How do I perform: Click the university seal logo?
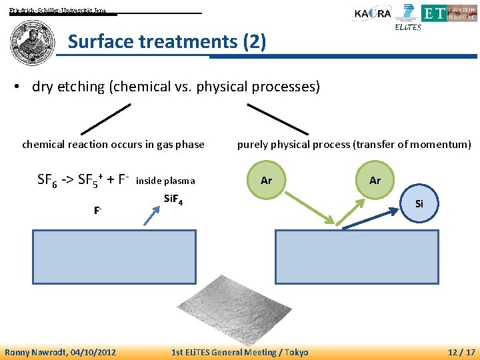tap(33, 42)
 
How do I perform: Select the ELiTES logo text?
tap(407, 27)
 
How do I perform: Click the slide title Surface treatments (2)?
tap(167, 43)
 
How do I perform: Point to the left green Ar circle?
tap(267, 180)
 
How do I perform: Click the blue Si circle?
tap(419, 203)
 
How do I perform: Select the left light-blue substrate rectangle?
tap(115, 257)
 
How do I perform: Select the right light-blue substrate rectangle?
tap(357, 257)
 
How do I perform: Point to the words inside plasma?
tap(165, 181)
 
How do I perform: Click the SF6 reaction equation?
tap(83, 180)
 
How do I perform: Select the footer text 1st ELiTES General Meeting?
tap(223, 352)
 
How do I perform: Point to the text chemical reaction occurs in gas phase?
tap(113, 144)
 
